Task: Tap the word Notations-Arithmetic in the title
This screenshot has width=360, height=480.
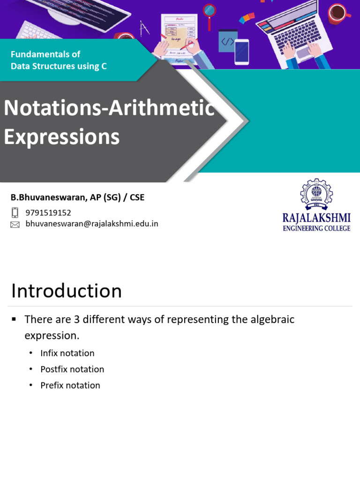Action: click(109, 108)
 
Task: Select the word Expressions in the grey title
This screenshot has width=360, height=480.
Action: click(62, 137)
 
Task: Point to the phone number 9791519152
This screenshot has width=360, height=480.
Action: click(48, 213)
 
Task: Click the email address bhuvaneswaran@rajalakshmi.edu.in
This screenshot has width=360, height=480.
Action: click(92, 224)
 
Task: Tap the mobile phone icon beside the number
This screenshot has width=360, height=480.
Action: click(15, 213)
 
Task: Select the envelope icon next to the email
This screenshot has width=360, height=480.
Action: click(15, 225)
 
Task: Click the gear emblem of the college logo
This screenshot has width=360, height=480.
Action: click(316, 194)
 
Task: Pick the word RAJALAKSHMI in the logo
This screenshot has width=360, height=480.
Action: click(316, 218)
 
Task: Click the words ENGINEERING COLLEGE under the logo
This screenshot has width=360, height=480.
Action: click(316, 228)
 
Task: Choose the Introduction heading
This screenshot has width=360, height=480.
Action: click(67, 291)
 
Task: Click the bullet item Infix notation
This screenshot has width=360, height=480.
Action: click(67, 353)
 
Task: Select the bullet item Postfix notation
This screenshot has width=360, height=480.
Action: click(72, 369)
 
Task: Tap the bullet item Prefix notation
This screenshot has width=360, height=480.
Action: click(70, 385)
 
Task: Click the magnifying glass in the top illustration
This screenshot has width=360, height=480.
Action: click(209, 10)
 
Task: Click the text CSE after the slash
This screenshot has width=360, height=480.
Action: click(137, 197)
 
